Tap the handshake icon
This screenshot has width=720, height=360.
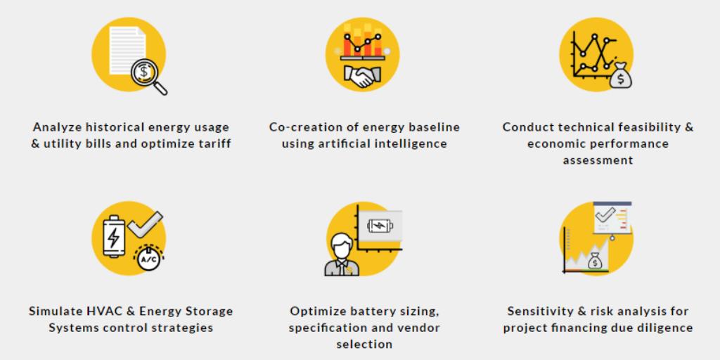(362, 77)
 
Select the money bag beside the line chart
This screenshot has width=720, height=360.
(620, 76)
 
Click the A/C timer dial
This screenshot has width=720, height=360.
(148, 259)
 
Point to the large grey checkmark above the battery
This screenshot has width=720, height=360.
(146, 226)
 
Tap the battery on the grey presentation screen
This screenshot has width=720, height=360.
(380, 226)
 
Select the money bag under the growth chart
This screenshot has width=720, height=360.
(595, 262)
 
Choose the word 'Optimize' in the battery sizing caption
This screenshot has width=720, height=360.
(317, 311)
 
